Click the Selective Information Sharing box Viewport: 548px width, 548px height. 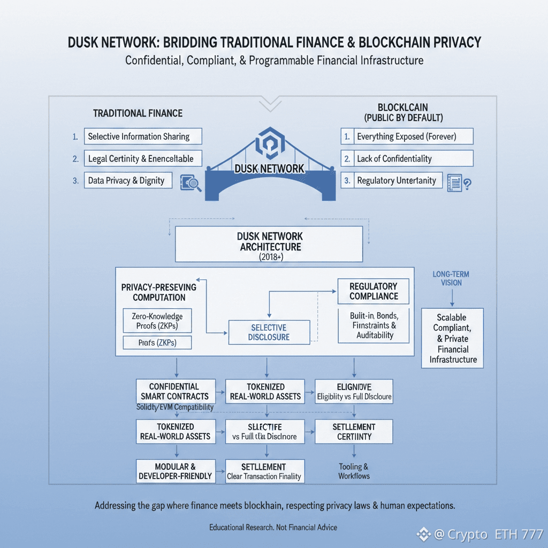pos(143,136)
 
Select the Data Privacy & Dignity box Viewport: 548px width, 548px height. pos(128,180)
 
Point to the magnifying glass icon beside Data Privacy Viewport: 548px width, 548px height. pos(191,182)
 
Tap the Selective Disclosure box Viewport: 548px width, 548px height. pos(269,332)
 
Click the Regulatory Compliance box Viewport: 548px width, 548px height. pos(373,291)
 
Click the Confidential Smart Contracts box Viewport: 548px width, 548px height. pos(176,391)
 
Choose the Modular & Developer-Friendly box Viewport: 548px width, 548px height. pos(176,471)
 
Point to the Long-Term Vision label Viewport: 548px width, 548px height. pos(451,278)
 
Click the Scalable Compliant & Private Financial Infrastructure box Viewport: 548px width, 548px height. pos(453,338)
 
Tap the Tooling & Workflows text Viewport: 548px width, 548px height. pos(354,471)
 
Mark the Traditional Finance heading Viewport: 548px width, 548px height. pos(138,113)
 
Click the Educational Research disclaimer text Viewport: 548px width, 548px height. pos(273,527)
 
